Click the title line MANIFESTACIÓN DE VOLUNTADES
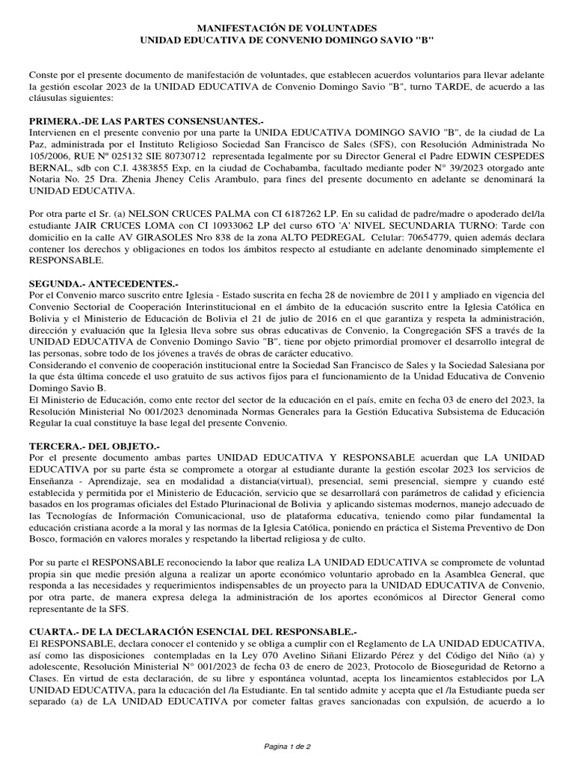tap(287, 26)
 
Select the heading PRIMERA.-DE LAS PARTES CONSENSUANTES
tap(146, 121)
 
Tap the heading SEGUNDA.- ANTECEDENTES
tap(104, 284)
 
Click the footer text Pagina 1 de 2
tap(287, 747)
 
